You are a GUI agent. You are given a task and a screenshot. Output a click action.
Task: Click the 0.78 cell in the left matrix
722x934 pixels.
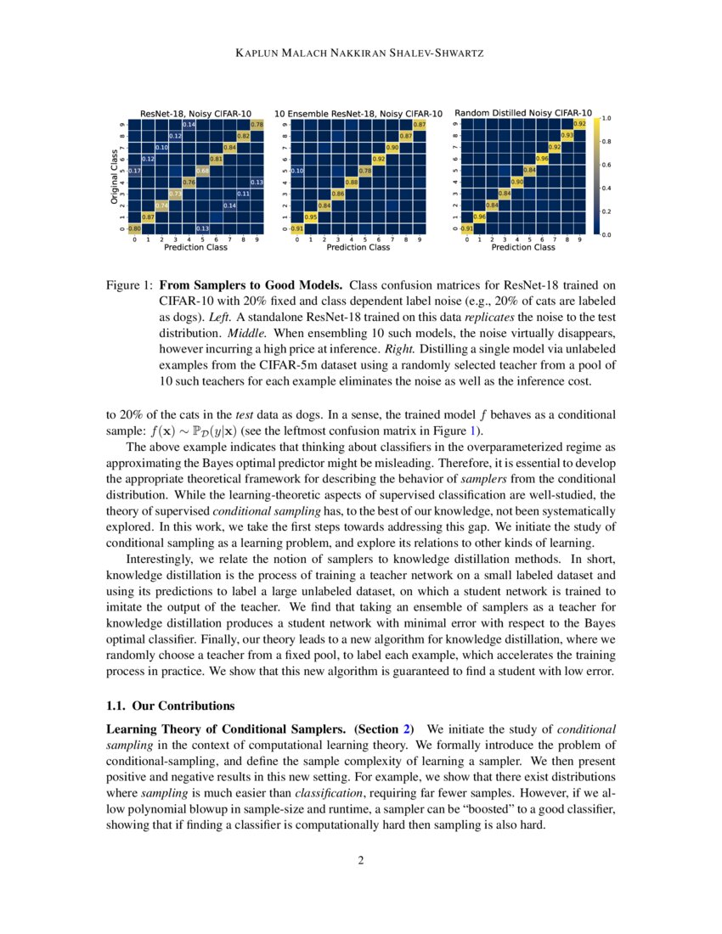click(257, 125)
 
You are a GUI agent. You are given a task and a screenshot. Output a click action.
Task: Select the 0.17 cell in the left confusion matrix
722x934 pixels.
click(135, 171)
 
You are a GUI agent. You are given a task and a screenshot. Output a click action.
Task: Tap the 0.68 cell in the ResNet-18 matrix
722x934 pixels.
click(203, 171)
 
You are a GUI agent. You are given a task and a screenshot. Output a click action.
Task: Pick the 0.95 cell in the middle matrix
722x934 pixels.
click(311, 217)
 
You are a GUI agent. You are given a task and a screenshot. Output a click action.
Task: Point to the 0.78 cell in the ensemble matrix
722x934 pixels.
click(365, 171)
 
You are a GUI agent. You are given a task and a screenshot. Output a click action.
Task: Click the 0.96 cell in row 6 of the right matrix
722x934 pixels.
click(541, 159)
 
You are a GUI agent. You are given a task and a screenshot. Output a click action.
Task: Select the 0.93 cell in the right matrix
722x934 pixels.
click(567, 136)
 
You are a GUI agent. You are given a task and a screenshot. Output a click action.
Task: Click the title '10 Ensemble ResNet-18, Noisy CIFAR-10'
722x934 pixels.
click(358, 113)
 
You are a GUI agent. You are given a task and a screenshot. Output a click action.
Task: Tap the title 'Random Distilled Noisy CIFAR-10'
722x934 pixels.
click(523, 112)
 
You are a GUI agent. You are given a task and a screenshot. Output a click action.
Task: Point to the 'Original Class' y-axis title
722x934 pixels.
click(114, 176)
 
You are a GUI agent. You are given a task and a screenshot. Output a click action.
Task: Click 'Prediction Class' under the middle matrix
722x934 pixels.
click(358, 248)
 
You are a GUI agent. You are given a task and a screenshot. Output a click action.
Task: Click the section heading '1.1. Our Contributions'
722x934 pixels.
click(169, 706)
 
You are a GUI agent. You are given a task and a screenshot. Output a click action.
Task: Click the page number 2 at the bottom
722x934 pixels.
click(361, 860)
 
